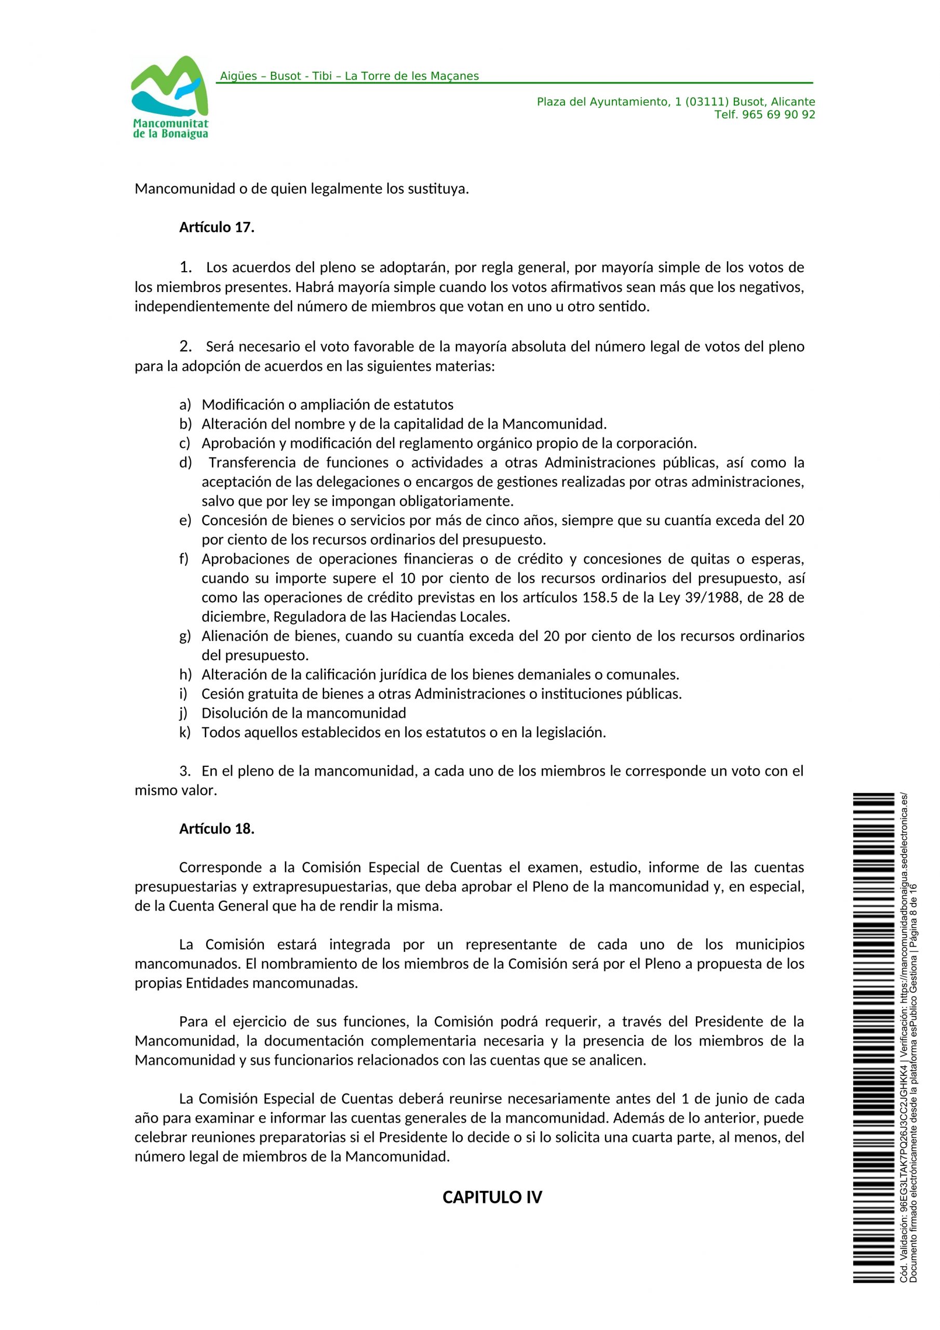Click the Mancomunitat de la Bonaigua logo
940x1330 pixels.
170,97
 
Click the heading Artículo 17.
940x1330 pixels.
217,228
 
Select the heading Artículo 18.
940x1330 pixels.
217,829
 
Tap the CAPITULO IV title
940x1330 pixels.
492,1198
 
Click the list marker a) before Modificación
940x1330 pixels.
185,404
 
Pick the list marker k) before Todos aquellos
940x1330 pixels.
185,732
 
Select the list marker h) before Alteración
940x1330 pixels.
185,674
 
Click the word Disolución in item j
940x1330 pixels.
232,713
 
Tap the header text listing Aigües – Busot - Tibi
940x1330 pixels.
349,76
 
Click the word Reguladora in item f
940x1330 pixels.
306,616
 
